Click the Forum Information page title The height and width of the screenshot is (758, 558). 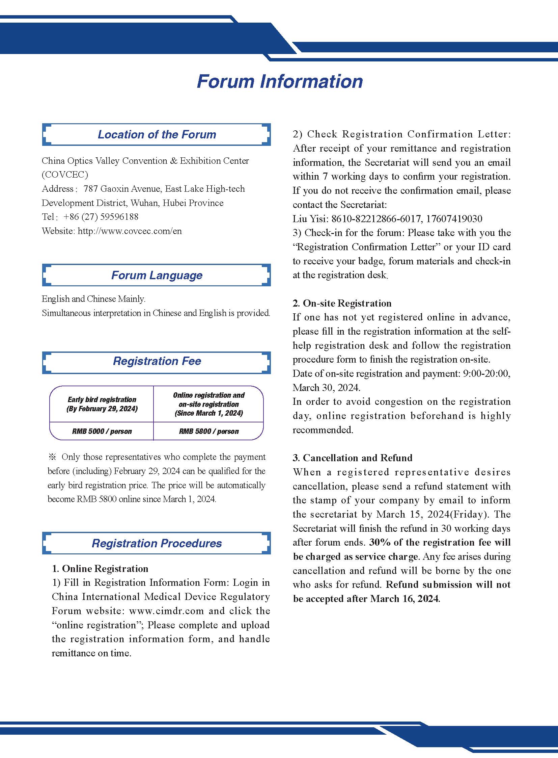(280, 81)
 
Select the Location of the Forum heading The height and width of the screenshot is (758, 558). (157, 134)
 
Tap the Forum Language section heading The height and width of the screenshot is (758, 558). (157, 275)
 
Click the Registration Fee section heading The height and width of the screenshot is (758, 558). (157, 361)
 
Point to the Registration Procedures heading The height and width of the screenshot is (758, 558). (157, 543)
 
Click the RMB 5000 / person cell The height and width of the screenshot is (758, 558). (102, 432)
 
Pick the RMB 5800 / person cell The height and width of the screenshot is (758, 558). (209, 432)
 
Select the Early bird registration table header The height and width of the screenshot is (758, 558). (102, 404)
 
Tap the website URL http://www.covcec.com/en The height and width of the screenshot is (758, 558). (130, 231)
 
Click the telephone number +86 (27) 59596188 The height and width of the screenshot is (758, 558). (101, 217)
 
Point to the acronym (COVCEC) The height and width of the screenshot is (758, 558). (65, 175)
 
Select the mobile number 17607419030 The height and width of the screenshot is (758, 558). (454, 219)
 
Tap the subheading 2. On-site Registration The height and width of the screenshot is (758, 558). (342, 303)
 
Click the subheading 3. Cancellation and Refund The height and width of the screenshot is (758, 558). (352, 458)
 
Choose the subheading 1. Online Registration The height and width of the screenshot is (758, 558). (100, 569)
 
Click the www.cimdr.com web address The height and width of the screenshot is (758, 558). (166, 611)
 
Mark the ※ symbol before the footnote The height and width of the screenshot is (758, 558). (52, 457)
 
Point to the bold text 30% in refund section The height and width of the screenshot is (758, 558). (380, 543)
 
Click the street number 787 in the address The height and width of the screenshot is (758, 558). (90, 189)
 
